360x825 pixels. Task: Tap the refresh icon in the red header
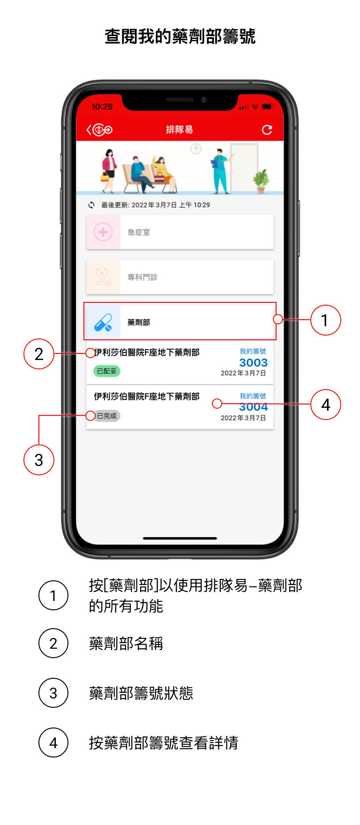267,130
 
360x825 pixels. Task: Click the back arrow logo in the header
99,130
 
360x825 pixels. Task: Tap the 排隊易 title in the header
180,130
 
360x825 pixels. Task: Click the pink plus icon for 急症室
103,232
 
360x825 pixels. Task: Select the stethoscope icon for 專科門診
103,277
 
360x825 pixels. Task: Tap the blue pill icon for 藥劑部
103,322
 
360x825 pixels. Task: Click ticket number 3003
253,363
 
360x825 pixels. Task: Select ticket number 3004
253,407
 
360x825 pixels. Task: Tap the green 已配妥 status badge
107,371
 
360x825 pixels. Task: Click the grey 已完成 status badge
107,416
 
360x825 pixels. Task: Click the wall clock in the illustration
195,149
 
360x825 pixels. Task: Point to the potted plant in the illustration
261,181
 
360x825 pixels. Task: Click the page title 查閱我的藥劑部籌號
180,37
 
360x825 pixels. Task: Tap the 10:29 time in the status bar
102,107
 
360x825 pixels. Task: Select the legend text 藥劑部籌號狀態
141,693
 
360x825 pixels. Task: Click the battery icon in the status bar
268,107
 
